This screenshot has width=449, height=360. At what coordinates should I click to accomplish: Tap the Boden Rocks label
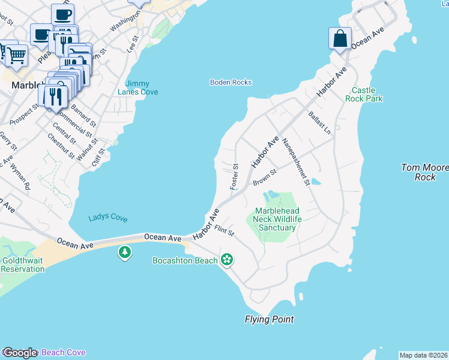pyautogui.click(x=231, y=82)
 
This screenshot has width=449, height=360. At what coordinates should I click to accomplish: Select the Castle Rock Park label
pyautogui.click(x=363, y=94)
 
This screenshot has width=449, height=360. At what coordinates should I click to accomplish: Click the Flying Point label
pyautogui.click(x=269, y=319)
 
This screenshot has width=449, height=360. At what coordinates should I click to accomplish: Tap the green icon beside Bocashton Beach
pyautogui.click(x=227, y=260)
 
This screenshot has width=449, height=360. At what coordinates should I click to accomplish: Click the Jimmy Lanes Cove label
pyautogui.click(x=142, y=88)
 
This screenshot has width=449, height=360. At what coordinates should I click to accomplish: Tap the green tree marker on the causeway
pyautogui.click(x=125, y=253)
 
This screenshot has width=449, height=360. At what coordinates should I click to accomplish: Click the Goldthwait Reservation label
pyautogui.click(x=22, y=265)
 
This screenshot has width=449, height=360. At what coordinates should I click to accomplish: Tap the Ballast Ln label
pyautogui.click(x=319, y=122)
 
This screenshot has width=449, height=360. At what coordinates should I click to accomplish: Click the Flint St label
pyautogui.click(x=224, y=230)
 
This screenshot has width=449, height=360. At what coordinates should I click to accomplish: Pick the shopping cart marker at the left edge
pyautogui.click(x=16, y=55)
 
